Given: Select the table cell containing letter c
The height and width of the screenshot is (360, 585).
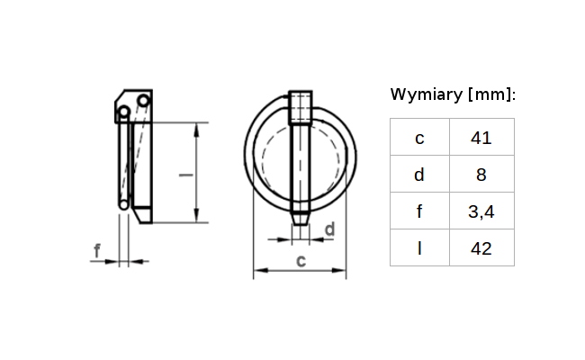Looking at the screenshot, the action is click(x=418, y=138).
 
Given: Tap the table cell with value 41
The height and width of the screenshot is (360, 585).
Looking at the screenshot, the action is click(x=481, y=138).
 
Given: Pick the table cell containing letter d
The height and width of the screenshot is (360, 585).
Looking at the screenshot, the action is click(x=418, y=175).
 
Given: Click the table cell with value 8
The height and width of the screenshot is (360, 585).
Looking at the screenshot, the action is click(x=481, y=175).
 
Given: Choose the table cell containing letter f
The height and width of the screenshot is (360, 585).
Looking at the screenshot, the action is click(x=418, y=211).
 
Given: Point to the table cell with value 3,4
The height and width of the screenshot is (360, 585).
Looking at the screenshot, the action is click(x=481, y=211).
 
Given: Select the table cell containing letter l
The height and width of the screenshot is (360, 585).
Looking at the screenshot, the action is click(x=418, y=248).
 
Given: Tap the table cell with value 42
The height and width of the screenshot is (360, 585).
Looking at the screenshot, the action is click(x=481, y=248).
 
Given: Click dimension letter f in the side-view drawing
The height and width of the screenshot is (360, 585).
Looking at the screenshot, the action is click(x=96, y=251).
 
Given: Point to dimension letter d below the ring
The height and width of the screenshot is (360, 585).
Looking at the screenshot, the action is click(x=328, y=229).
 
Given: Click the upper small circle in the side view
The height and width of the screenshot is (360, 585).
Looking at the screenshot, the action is click(x=123, y=112).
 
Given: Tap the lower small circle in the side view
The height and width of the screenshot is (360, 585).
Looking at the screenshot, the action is click(x=123, y=204).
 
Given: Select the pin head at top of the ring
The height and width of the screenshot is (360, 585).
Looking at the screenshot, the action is click(x=301, y=105).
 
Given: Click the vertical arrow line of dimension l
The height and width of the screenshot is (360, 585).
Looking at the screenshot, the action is click(x=196, y=171).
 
